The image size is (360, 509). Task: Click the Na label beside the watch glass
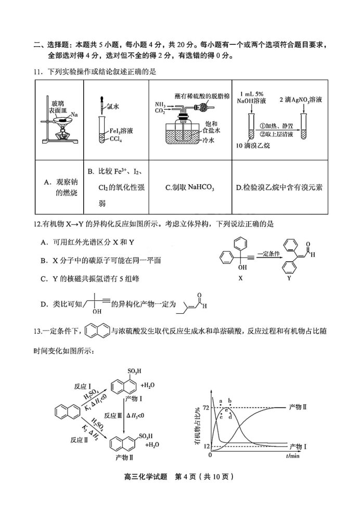74,114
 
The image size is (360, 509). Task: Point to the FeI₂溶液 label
121,131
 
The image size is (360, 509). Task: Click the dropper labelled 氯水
102,104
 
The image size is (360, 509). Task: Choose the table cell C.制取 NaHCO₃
190,187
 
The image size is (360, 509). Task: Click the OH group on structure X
242,267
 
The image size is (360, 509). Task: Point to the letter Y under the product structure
289,278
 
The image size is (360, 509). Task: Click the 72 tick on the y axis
207,408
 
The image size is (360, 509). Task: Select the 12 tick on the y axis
207,447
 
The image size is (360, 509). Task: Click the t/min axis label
292,456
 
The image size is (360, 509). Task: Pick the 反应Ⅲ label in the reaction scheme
110,416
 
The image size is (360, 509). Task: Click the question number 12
37,224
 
